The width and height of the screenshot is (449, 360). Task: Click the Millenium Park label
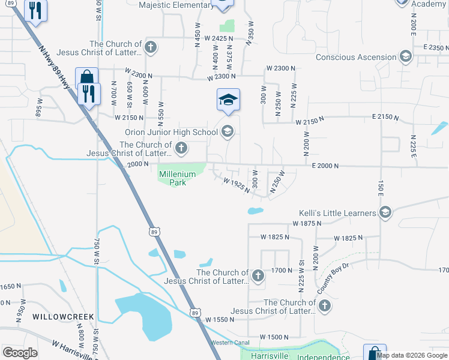click(x=177, y=178)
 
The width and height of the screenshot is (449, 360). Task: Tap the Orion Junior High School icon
click(x=228, y=131)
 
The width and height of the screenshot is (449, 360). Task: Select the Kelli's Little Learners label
click(x=338, y=213)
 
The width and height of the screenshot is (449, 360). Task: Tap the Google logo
click(x=20, y=353)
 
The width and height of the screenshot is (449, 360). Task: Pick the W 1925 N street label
click(x=236, y=184)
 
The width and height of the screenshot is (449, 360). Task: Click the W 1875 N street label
click(x=307, y=223)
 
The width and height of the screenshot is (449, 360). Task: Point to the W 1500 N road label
click(x=274, y=337)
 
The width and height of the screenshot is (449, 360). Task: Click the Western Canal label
click(x=229, y=343)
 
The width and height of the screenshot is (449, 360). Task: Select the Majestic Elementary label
click(x=176, y=5)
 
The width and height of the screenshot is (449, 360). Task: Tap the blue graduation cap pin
click(x=228, y=100)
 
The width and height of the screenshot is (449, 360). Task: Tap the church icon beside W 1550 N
click(x=324, y=307)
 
